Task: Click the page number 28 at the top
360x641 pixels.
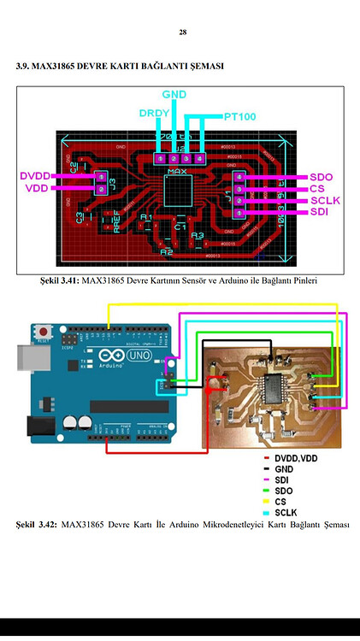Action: point(182,32)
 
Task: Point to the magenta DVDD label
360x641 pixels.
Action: point(35,175)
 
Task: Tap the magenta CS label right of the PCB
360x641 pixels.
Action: point(317,188)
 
